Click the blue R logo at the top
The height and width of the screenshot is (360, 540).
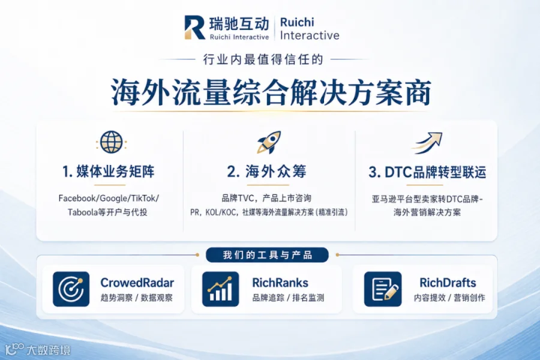tap(194, 27)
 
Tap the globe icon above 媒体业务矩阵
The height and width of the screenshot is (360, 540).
tap(111, 142)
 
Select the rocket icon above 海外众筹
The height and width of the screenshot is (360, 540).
tap(269, 142)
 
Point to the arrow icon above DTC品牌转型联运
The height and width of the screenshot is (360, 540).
tap(427, 143)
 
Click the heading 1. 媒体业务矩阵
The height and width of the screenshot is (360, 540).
tap(109, 172)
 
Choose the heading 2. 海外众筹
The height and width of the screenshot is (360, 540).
tap(266, 171)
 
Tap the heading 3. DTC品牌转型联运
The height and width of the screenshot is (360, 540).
tap(427, 172)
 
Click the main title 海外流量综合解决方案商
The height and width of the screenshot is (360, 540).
tap(271, 92)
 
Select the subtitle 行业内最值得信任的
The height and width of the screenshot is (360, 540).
tap(263, 59)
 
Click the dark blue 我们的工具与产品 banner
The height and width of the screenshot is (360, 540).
tap(267, 255)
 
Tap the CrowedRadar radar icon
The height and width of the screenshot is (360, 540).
tap(71, 289)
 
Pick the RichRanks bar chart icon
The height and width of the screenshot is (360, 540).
tap(220, 289)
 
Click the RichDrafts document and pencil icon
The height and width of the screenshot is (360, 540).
tap(383, 289)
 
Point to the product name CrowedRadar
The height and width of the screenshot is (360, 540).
tap(137, 283)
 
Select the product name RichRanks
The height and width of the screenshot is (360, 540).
tap(280, 283)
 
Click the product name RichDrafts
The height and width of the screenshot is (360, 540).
tap(448, 283)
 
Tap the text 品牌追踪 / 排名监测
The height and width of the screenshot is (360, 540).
tap(288, 298)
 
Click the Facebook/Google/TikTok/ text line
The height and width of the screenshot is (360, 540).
tap(109, 199)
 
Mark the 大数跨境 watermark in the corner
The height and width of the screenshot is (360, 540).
tap(38, 349)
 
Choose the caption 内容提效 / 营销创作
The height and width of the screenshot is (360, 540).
tap(449, 298)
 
